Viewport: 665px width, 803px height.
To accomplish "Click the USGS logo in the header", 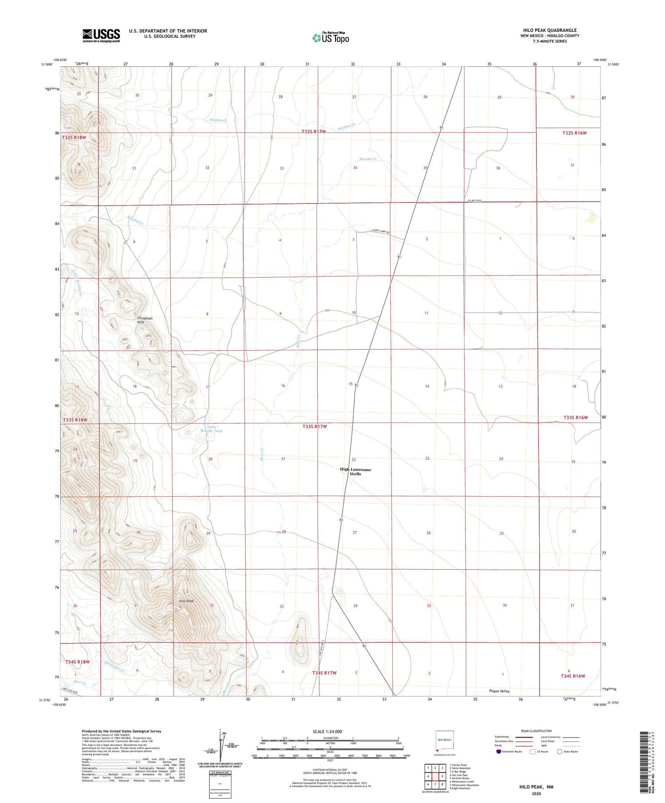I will (x=101, y=35).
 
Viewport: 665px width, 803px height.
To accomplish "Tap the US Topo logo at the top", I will (x=331, y=38).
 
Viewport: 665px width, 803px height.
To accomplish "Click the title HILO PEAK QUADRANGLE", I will (x=550, y=31).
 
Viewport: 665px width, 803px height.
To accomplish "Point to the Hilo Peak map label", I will (x=186, y=601).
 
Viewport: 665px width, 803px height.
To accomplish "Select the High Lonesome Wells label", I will (x=355, y=471).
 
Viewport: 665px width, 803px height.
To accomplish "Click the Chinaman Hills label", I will (x=145, y=320).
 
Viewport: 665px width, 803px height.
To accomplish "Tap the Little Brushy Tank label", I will (x=211, y=429).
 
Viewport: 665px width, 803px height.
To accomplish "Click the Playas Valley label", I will (x=499, y=691).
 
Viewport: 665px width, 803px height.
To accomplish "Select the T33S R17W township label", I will (x=314, y=427).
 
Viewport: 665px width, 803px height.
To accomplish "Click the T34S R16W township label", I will (x=573, y=676).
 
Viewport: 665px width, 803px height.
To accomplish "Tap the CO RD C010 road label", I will (x=474, y=201).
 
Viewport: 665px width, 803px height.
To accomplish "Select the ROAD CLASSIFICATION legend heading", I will (x=536, y=731).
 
